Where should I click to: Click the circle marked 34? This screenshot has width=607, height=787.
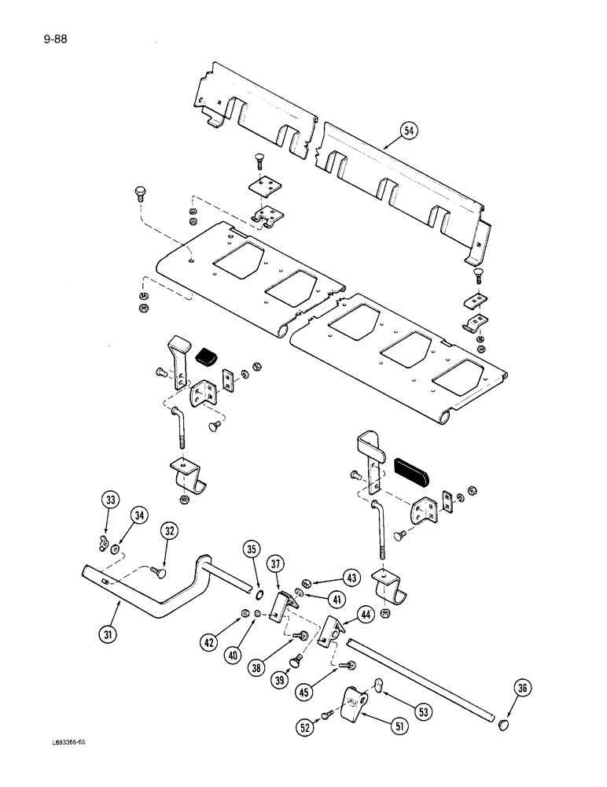click(x=139, y=516)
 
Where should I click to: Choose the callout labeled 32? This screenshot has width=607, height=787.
click(x=170, y=531)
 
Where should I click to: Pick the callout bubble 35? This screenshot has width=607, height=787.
click(x=251, y=549)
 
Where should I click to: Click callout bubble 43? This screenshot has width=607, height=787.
click(x=351, y=578)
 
